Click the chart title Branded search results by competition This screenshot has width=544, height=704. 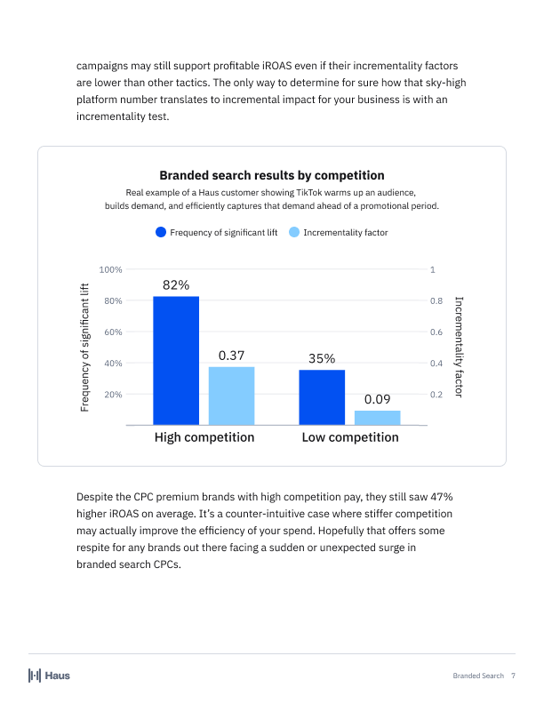pyautogui.click(x=271, y=175)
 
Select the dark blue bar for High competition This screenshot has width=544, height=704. pyautogui.click(x=176, y=360)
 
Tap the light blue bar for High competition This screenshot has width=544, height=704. pyautogui.click(x=231, y=396)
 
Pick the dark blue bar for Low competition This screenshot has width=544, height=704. pyautogui.click(x=322, y=397)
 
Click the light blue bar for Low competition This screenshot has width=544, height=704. pyautogui.click(x=377, y=417)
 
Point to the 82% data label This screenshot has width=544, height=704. pyautogui.click(x=176, y=285)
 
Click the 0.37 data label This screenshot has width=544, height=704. pyautogui.click(x=231, y=356)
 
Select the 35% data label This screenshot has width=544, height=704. pyautogui.click(x=322, y=359)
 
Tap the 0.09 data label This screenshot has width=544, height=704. pyautogui.click(x=377, y=399)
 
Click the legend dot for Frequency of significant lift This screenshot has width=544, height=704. pyautogui.click(x=161, y=233)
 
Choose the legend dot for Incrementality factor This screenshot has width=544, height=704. pyautogui.click(x=294, y=233)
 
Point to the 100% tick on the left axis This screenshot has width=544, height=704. pyautogui.click(x=111, y=269)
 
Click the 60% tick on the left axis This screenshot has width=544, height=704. pyautogui.click(x=113, y=332)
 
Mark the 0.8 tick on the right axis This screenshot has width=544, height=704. pyautogui.click(x=436, y=300)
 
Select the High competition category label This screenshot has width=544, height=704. pyautogui.click(x=204, y=437)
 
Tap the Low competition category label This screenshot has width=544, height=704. pyautogui.click(x=350, y=437)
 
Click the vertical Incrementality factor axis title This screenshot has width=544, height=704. pyautogui.click(x=460, y=347)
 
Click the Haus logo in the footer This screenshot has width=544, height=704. pyautogui.click(x=49, y=676)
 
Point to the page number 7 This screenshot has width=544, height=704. pyautogui.click(x=513, y=676)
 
